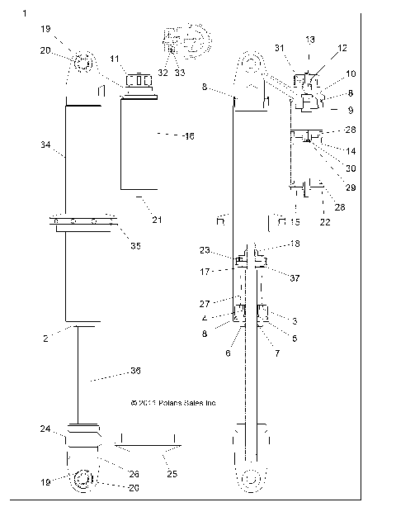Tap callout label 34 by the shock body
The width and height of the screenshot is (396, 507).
[45, 145]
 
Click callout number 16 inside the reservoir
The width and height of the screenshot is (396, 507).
[188, 135]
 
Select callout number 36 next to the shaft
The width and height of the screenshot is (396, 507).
[134, 372]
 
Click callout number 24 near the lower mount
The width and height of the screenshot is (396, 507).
[47, 429]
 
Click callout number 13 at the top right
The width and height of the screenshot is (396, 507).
[309, 39]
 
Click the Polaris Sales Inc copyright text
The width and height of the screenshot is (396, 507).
[174, 404]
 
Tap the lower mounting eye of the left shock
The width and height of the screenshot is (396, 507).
[82, 480]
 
